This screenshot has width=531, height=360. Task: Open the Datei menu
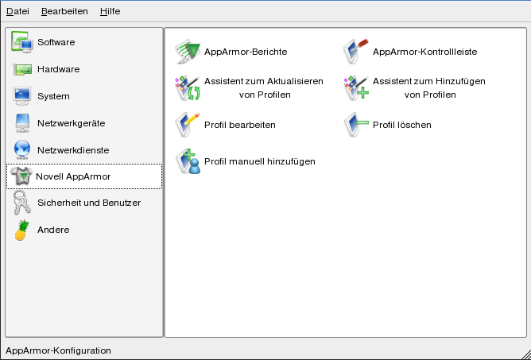(x=18, y=11)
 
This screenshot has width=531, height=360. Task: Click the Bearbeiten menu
(x=64, y=11)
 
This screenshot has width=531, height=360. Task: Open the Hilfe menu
(x=110, y=11)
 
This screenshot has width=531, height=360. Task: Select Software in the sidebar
(x=56, y=42)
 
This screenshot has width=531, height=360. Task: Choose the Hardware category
(x=59, y=69)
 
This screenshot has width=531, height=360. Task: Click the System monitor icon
(x=22, y=96)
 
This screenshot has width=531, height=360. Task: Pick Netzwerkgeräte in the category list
(x=71, y=123)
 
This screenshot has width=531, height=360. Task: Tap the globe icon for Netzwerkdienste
(x=22, y=150)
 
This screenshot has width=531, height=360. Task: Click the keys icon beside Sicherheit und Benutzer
(x=22, y=203)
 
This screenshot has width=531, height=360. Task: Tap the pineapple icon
(x=21, y=230)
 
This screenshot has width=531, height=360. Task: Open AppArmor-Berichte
(x=246, y=52)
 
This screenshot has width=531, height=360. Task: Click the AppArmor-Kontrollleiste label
(x=425, y=52)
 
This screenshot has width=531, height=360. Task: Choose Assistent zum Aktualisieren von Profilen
(x=264, y=88)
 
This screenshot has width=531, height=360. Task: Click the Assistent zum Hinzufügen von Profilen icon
(x=356, y=88)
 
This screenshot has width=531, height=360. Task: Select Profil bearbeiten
(x=240, y=125)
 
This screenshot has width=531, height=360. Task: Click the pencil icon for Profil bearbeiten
(x=188, y=125)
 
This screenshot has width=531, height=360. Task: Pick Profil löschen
(x=402, y=125)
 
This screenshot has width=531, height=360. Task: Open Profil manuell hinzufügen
(x=260, y=161)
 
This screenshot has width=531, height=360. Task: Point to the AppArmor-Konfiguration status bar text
(x=58, y=350)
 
